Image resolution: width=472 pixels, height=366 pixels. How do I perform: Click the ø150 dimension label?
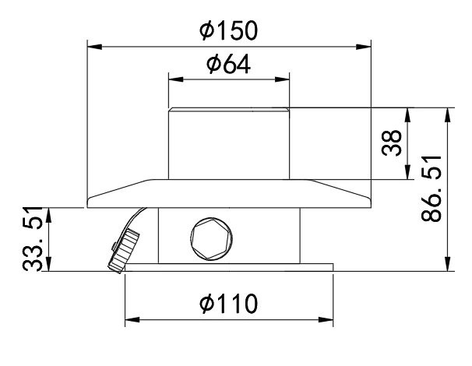click(x=229, y=30)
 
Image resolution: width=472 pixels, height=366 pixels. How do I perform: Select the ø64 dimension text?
click(x=228, y=64)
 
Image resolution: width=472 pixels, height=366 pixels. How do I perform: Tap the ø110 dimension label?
click(x=229, y=304)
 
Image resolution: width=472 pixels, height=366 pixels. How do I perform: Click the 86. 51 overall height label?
click(x=431, y=188)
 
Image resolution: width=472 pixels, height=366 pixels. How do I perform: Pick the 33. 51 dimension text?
click(x=32, y=239)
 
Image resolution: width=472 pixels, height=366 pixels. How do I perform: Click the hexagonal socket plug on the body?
click(x=211, y=239)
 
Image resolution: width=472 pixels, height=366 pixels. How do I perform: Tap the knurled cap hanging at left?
click(x=124, y=251)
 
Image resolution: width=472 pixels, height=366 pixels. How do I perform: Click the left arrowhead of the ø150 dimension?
click(x=94, y=47)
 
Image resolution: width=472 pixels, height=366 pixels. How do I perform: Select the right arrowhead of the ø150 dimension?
click(x=364, y=47)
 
